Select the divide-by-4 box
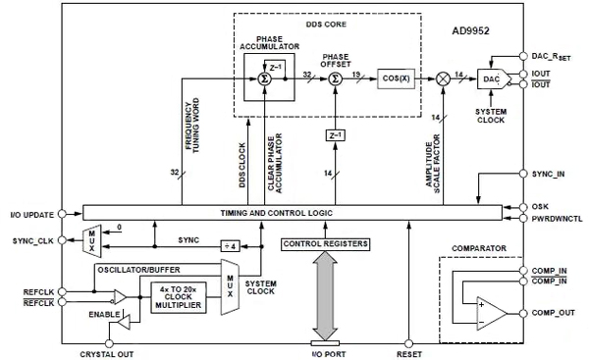[x=232, y=243]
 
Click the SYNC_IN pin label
[x=548, y=174]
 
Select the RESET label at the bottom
[x=409, y=352]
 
